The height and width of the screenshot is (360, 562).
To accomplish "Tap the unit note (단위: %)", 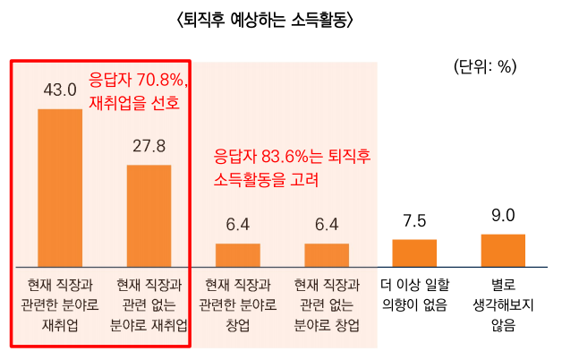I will tap(485, 65).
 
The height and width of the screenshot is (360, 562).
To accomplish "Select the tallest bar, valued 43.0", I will tap(60, 188).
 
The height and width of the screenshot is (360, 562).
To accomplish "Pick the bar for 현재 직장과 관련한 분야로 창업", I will tap(237, 255).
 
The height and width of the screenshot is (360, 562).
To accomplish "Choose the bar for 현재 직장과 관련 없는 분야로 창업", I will tap(327, 255).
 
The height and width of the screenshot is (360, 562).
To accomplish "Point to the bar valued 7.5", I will tap(414, 253).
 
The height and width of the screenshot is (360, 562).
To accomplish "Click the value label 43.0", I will tap(60, 90).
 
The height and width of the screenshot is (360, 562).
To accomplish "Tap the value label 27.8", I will tap(149, 145).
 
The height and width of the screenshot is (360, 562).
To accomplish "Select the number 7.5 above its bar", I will tap(414, 220).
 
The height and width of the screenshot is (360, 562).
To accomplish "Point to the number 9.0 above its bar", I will tap(503, 215).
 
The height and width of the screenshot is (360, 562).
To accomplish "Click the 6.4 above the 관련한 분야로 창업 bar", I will tap(237, 224).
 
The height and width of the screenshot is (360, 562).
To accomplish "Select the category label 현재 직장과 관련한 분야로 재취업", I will tap(60, 305).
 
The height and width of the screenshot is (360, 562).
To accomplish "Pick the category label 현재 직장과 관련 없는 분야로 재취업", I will tap(149, 305).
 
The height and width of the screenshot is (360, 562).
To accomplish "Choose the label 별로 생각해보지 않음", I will tap(503, 305).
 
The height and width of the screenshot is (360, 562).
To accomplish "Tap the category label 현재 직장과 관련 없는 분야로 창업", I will tap(327, 305).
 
